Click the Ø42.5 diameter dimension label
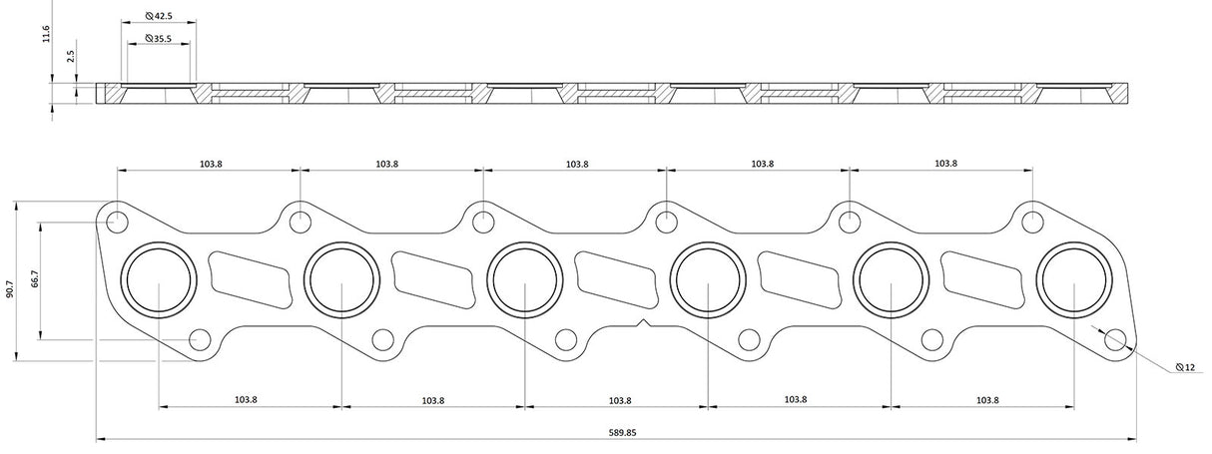pos(159,17)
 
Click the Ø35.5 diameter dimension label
pos(159,38)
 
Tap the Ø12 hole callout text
pos(1186,368)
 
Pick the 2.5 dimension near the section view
pos(71,57)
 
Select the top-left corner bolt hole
pos(116,221)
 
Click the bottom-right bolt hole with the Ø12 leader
pos(1115,339)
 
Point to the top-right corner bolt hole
pos(1031,221)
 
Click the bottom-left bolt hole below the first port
pos(199,339)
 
